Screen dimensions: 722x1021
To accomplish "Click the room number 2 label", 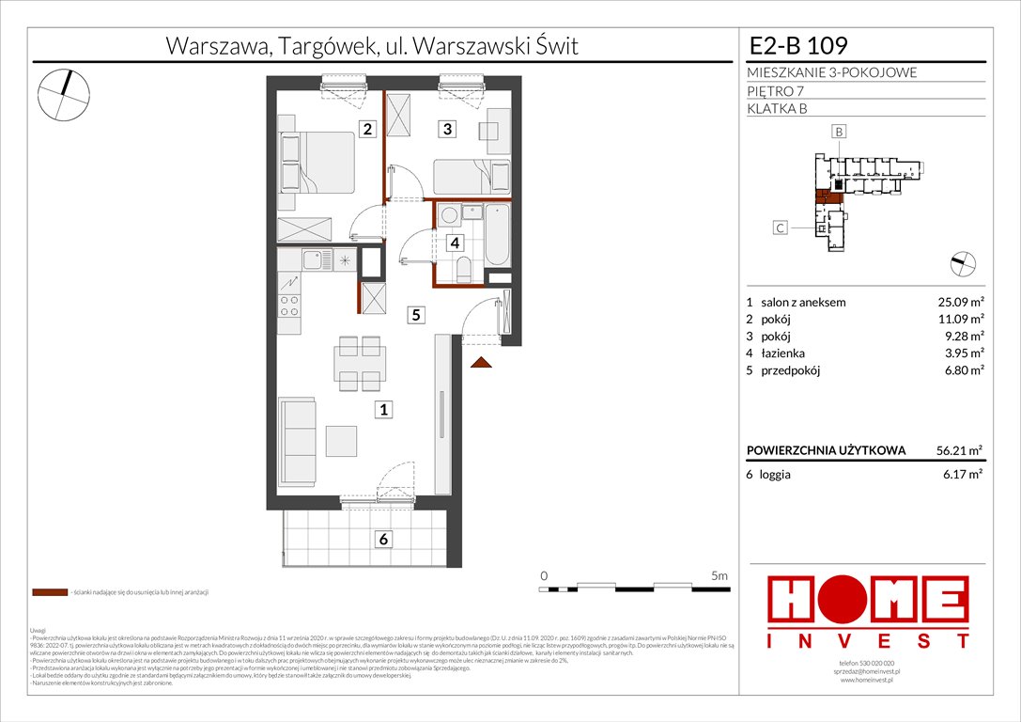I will click(369, 130).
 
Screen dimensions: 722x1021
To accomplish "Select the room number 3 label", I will click(449, 130).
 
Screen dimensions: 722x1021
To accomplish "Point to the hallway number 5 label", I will click(414, 316).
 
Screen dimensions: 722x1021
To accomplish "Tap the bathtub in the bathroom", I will click(497, 235).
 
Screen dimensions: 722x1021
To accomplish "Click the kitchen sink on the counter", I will click(312, 259).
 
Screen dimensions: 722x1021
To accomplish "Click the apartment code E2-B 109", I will click(798, 43).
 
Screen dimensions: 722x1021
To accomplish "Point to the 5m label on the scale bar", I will click(720, 573).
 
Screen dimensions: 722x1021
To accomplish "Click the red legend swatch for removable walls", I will click(50, 593).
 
